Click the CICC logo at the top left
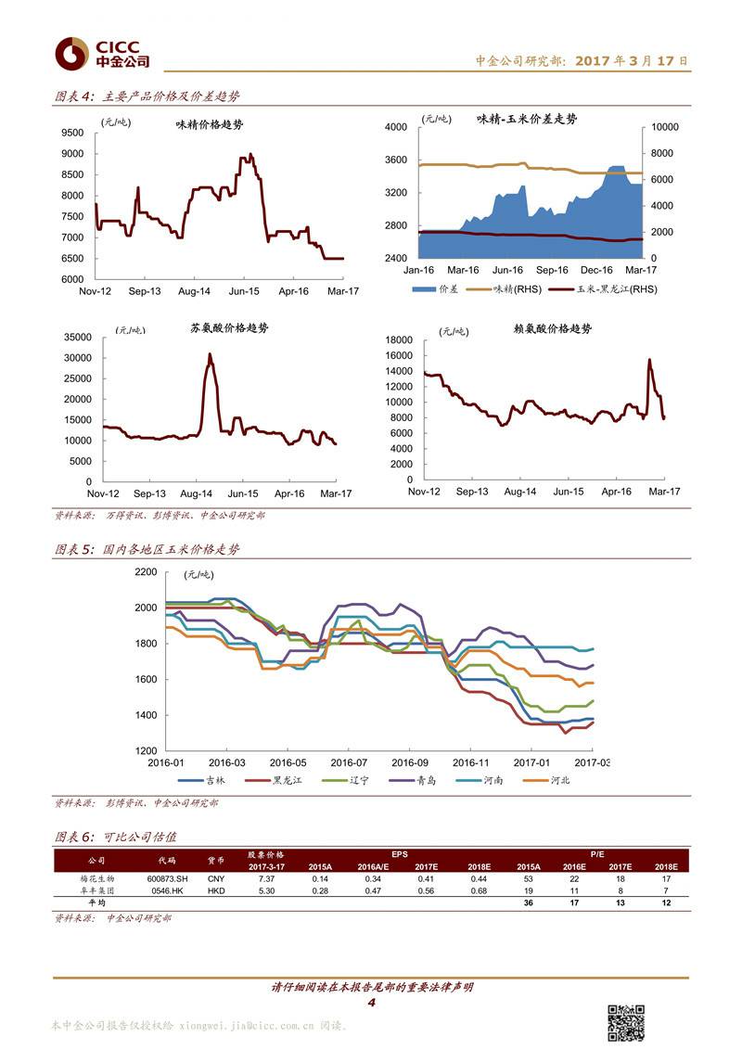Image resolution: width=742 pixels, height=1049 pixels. (x=101, y=54)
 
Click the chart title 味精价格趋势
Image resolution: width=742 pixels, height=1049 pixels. (x=210, y=124)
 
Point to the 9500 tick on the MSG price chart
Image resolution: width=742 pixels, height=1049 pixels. (x=71, y=132)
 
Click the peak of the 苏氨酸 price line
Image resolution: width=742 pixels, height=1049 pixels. (x=210, y=354)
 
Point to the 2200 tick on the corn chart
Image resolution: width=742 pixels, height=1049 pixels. (x=146, y=573)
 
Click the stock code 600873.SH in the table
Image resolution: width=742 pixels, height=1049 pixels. (x=166, y=877)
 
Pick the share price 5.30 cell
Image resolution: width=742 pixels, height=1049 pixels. (x=266, y=889)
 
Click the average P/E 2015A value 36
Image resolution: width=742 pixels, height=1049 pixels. (x=528, y=902)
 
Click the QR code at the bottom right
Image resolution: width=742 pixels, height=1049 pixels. (x=626, y=1021)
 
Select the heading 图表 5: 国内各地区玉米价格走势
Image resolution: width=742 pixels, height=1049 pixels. (x=147, y=549)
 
